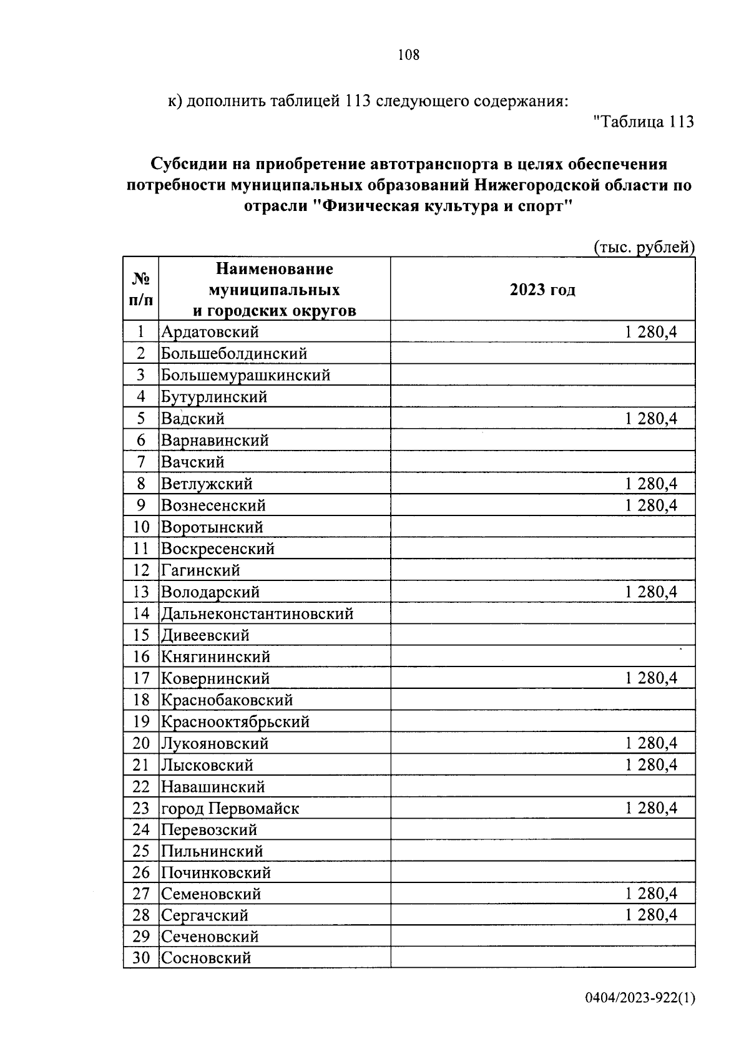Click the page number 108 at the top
tap(409, 55)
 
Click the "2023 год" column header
tap(542, 290)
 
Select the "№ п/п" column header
tap(141, 290)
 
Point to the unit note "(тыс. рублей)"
tap(643, 247)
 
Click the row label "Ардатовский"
tap(210, 332)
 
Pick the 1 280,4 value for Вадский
tap(651, 419)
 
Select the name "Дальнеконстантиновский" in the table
tap(257, 613)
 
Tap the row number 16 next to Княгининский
tap(141, 656)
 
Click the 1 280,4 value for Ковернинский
tap(651, 678)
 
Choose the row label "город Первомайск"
tap(230, 809)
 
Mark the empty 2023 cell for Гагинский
tap(542, 570)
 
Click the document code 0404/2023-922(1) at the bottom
tap(639, 999)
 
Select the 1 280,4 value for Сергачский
tap(651, 915)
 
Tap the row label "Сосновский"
tap(206, 958)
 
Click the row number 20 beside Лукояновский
tap(141, 743)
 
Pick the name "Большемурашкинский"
tap(245, 375)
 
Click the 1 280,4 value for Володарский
tap(651, 592)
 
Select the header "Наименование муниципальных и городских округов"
tap(275, 290)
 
